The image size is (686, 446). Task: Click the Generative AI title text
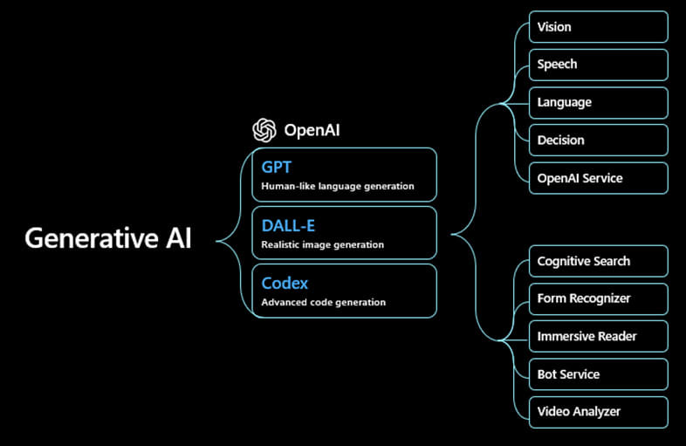[107, 238]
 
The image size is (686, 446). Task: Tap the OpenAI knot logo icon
[264, 131]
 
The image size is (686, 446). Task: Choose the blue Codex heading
[285, 283]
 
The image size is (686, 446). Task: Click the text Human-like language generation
[338, 186]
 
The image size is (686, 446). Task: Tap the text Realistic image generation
[323, 244]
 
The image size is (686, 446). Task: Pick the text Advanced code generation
[324, 302]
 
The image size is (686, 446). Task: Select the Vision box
[598, 27]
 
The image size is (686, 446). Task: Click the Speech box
[598, 65]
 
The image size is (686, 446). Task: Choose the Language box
[598, 102]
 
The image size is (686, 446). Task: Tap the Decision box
[598, 140]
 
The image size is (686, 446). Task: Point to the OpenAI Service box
[598, 178]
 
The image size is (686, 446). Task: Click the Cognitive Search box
[598, 261]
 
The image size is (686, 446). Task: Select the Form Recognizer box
[598, 298]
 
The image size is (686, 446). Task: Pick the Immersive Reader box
[598, 336]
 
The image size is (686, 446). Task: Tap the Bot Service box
[598, 374]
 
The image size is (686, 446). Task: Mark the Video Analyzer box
[598, 412]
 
